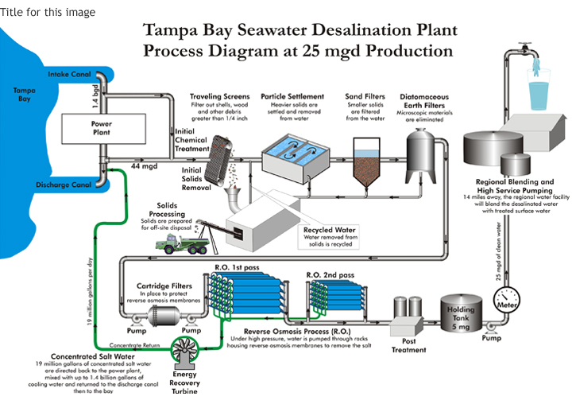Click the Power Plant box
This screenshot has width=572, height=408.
101,129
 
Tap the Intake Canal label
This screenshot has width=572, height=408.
70,75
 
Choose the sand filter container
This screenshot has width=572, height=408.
366,164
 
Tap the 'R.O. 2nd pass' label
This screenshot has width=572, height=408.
329,274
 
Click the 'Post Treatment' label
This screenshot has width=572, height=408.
404,344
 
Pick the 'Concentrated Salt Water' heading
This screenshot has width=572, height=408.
73,356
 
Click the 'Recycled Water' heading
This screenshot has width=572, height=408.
330,231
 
